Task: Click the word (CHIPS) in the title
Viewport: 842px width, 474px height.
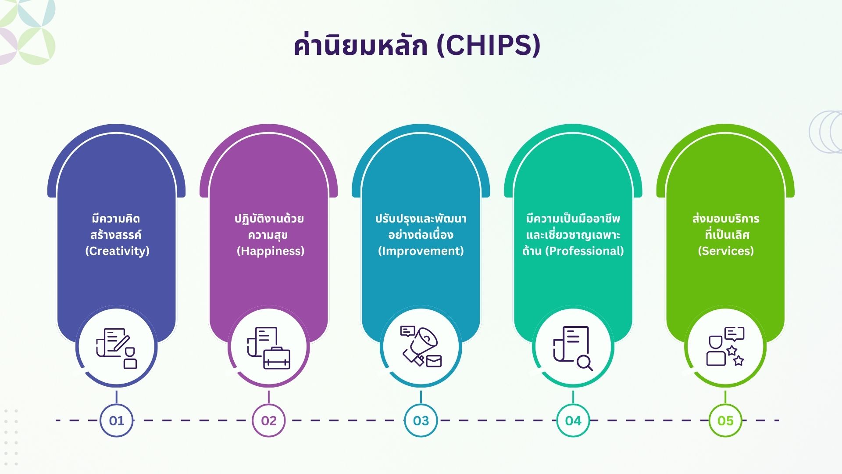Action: pyautogui.click(x=489, y=45)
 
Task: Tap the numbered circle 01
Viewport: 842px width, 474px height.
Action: pyautogui.click(x=117, y=420)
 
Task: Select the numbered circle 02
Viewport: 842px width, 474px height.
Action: pyautogui.click(x=269, y=420)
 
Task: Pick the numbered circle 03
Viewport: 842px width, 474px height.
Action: pyautogui.click(x=421, y=420)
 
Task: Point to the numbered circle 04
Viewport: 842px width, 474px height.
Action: pyautogui.click(x=573, y=420)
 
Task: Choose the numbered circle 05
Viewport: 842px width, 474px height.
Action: pyautogui.click(x=725, y=420)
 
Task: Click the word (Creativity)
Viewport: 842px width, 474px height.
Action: pyautogui.click(x=117, y=251)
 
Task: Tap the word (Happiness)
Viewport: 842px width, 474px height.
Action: pyautogui.click(x=270, y=251)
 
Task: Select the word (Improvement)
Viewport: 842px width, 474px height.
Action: pyautogui.click(x=421, y=251)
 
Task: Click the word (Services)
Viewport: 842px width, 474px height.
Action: pyautogui.click(x=726, y=251)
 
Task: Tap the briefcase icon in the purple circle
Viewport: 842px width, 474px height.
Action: pyautogui.click(x=277, y=358)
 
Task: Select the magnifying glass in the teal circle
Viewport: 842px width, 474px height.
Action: pyautogui.click(x=585, y=363)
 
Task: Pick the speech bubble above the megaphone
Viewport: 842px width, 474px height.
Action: pyautogui.click(x=408, y=331)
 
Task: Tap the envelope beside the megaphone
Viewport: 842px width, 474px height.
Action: pyautogui.click(x=434, y=361)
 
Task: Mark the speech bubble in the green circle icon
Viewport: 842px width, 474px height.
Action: pyautogui.click(x=735, y=334)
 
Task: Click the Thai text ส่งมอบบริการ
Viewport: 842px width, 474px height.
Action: pyautogui.click(x=726, y=219)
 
